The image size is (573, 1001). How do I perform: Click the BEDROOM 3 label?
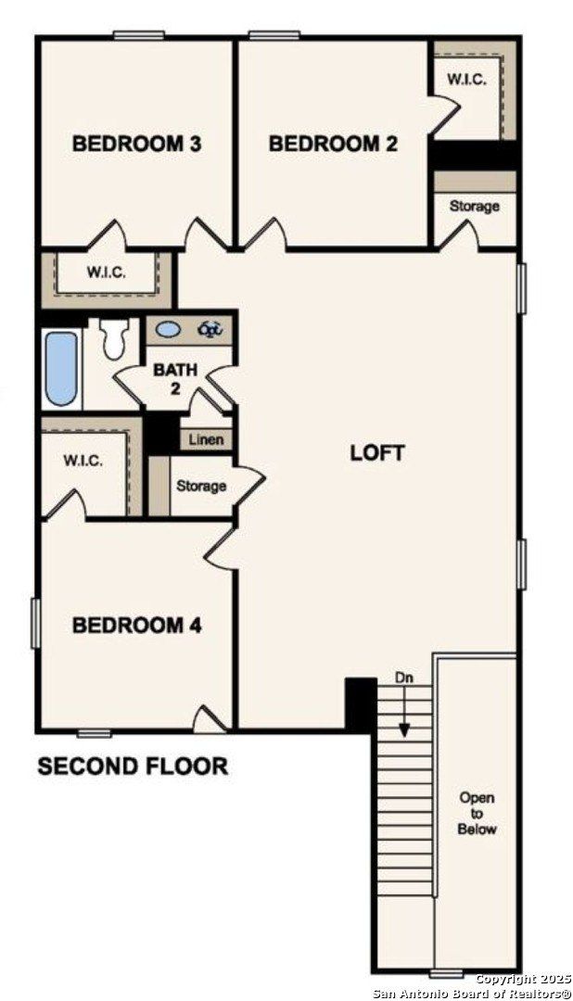137,144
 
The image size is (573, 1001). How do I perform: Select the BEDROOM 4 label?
137,626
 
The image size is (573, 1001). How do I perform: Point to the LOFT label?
377,453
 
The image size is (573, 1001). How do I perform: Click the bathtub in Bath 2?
60,369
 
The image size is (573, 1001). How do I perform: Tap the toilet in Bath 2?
115,338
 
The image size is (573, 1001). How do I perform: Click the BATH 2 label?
175,378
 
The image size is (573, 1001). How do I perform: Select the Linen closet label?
206,439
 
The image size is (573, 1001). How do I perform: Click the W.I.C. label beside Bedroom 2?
466,80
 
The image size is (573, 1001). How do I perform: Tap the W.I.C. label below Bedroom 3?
107,272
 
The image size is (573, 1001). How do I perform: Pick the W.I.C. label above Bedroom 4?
83,461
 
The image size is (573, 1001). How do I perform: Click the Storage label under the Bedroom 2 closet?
474,206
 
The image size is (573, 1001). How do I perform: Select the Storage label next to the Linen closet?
201,486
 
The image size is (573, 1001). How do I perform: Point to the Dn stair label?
402,678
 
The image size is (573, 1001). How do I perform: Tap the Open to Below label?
477,813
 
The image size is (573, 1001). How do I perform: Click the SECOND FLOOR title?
133,767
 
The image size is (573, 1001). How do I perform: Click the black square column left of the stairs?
361,703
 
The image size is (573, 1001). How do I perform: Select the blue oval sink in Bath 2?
169,329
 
